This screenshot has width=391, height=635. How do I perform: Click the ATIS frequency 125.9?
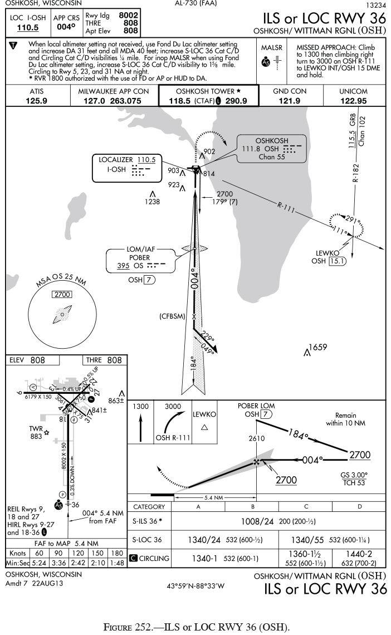36,101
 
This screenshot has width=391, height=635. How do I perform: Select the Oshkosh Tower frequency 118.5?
181,101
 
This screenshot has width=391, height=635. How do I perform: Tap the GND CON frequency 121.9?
290,101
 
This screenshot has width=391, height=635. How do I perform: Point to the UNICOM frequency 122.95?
353,101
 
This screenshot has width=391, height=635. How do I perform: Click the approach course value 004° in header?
66,27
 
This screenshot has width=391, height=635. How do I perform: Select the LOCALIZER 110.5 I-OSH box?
126,168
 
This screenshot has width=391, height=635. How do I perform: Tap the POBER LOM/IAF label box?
140,260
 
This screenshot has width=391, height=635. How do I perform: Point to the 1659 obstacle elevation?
317,348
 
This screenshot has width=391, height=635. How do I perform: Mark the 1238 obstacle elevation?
152,201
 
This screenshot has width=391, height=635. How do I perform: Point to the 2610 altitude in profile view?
256,439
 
